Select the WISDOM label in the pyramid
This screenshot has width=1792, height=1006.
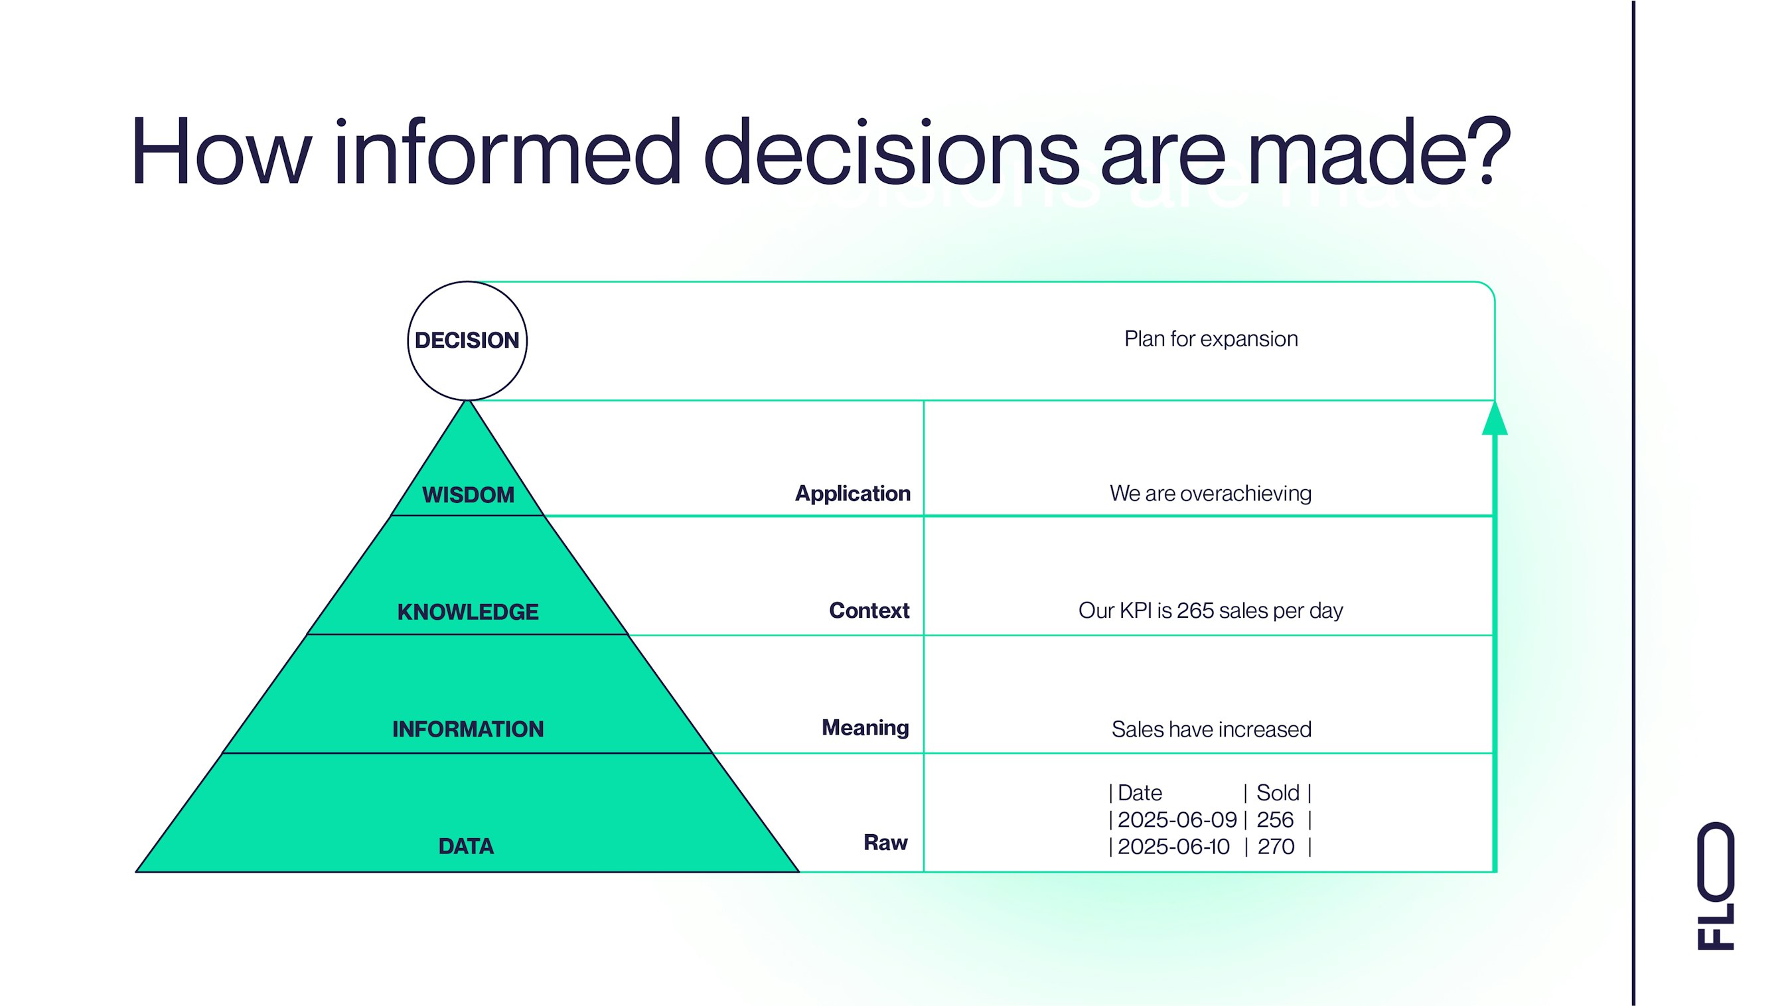tap(468, 494)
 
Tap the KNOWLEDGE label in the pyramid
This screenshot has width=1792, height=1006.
tap(467, 612)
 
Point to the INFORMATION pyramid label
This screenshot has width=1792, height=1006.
tap(467, 729)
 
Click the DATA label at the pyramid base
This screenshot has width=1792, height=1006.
tap(466, 846)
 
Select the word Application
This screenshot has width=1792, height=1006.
tap(852, 494)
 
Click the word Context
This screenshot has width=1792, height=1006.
tap(869, 610)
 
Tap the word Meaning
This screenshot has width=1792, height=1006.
tap(865, 728)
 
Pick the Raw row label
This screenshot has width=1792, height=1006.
tap(885, 843)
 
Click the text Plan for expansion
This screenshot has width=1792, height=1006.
tap(1211, 339)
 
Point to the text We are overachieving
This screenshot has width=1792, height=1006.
tap(1211, 493)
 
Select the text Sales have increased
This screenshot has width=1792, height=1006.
tap(1211, 729)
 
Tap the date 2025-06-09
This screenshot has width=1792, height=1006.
tap(1177, 820)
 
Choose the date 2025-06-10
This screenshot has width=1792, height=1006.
tap(1173, 847)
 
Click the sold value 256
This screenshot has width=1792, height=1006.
tap(1274, 820)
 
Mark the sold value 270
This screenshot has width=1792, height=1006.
tap(1276, 847)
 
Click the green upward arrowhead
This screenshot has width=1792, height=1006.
tap(1494, 418)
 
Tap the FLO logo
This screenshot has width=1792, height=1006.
tap(1716, 886)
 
